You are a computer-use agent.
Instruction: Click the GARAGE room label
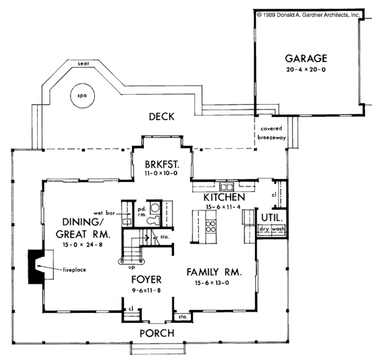point(306,59)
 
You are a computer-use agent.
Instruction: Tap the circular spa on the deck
point(82,95)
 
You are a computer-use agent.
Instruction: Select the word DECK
point(162,116)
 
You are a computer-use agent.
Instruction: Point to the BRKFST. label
point(162,164)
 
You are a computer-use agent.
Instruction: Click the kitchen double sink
point(226,187)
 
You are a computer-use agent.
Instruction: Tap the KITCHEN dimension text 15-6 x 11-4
point(223,207)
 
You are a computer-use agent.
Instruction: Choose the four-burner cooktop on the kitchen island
point(211,227)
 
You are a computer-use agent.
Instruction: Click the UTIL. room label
point(272,217)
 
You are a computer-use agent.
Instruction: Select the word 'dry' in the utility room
point(264,229)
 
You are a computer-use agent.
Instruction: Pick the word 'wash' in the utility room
point(278,229)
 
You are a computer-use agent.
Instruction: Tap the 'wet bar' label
point(104,213)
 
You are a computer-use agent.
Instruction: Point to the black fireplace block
point(35,266)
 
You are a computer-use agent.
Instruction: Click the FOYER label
point(146,279)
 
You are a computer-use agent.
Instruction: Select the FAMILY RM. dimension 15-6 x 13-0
point(212,283)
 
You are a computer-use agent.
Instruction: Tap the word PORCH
point(157,333)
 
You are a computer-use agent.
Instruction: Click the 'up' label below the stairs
point(131,268)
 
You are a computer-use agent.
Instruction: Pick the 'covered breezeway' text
point(272,133)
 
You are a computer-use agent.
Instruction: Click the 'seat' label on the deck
point(83,64)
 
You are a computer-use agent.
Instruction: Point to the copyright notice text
point(308,15)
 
